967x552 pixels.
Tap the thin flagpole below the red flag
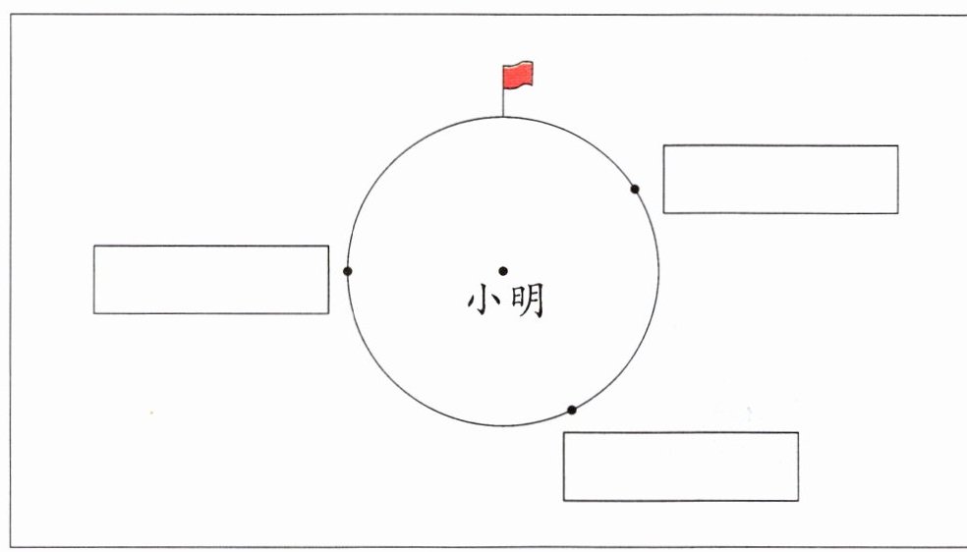[503, 102]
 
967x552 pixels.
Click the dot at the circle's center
[503, 271]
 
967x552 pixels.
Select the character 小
[485, 301]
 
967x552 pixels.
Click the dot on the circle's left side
[347, 271]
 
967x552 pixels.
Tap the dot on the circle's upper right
[635, 189]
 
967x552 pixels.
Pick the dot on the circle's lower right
[572, 410]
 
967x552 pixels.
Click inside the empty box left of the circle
[211, 280]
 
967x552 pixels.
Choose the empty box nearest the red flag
[780, 179]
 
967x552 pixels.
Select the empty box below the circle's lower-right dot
[680, 467]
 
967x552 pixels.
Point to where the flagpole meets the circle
[503, 116]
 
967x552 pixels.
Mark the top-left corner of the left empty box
[94, 246]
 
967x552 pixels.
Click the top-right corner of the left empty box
[328, 246]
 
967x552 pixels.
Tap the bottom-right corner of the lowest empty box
[798, 501]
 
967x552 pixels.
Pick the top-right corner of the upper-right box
[898, 145]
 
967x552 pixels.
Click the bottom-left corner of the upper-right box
[663, 213]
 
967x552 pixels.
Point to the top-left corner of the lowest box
[563, 432]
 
